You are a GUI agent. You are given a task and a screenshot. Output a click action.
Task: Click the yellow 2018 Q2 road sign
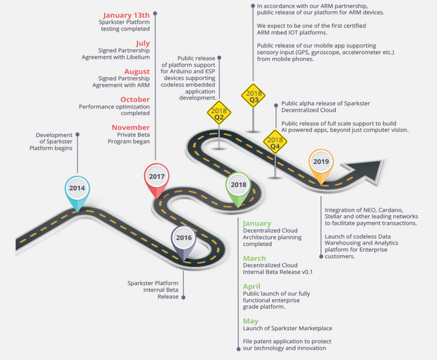219,113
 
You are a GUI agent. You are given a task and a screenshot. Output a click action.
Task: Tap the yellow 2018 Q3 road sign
253,96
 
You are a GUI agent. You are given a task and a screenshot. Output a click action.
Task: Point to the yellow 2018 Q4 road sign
275,141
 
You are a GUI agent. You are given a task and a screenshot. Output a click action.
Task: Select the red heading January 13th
126,15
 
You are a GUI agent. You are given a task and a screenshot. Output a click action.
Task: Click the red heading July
143,43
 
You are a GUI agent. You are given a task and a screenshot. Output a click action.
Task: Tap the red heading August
137,72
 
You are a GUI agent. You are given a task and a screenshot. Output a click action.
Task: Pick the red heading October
135,100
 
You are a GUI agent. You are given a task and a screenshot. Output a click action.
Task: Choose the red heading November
130,128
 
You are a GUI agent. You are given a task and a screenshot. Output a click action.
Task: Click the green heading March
255,258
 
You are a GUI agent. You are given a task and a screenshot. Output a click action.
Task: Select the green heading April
252,286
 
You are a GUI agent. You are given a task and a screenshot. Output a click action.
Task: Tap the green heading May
251,321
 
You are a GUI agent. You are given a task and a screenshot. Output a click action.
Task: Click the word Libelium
138,57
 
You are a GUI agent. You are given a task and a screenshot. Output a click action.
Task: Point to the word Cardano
391,210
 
